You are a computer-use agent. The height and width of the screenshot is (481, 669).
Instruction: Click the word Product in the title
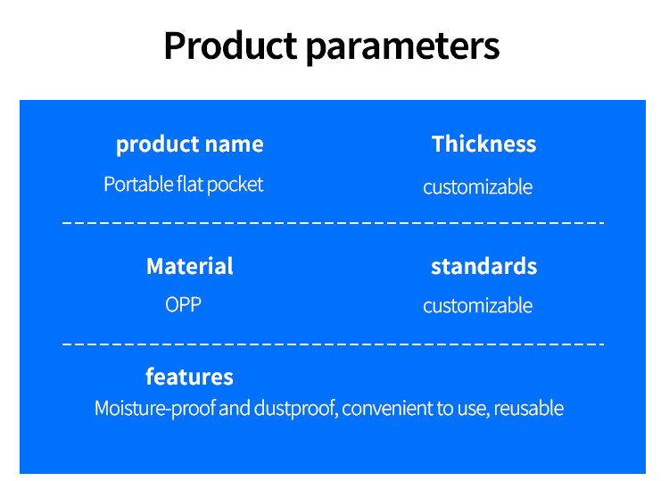(x=230, y=46)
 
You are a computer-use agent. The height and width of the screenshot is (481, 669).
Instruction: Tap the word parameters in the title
(x=403, y=47)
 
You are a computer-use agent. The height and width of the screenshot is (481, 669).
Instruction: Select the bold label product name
(x=190, y=145)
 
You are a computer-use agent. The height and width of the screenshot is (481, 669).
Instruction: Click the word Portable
(x=137, y=185)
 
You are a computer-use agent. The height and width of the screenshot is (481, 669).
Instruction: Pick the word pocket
(x=235, y=186)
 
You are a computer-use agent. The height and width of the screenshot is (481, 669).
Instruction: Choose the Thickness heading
(x=483, y=144)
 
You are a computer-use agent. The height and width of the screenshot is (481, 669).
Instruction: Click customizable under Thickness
(x=478, y=187)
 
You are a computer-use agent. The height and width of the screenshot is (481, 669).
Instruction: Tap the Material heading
(x=190, y=266)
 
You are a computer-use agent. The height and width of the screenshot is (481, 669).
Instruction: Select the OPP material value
(x=184, y=304)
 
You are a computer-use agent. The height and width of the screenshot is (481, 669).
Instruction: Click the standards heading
(x=483, y=266)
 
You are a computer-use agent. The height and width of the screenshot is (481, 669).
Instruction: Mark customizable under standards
(x=478, y=305)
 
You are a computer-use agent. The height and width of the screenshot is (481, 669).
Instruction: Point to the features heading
(x=189, y=377)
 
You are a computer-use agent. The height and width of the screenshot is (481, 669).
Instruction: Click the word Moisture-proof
(x=155, y=409)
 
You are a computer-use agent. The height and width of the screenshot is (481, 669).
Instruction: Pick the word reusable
(x=529, y=409)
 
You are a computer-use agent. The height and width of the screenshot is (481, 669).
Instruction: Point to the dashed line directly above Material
(x=334, y=223)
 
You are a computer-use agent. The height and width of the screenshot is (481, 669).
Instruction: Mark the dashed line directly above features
(x=334, y=344)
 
